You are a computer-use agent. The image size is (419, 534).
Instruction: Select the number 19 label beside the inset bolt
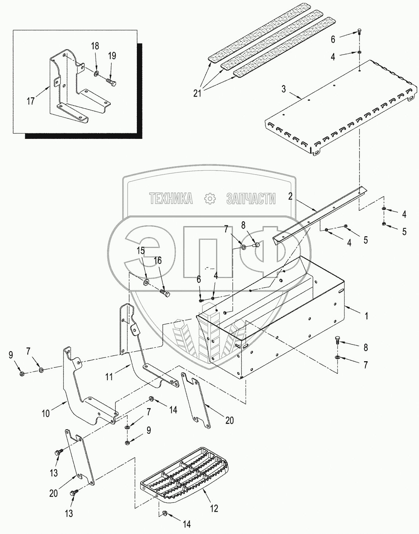point(112,56)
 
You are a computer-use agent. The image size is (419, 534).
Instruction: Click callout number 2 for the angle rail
point(290,196)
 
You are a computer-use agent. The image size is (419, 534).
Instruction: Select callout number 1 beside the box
point(367,316)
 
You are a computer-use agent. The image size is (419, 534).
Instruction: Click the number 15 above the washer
point(141,251)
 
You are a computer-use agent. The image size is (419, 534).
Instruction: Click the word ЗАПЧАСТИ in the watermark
point(251,199)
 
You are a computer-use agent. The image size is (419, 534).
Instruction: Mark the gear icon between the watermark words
point(210,199)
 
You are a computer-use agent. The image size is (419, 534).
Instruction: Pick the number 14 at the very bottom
point(186,525)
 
